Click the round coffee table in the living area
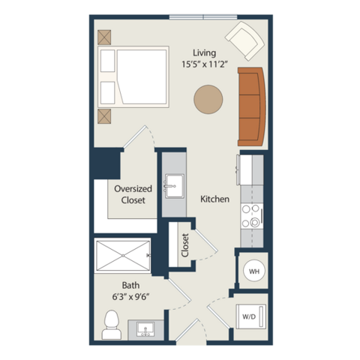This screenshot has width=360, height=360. tap(208, 99)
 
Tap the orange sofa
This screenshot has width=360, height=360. tap(251, 106)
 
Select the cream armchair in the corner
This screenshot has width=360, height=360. tap(244, 41)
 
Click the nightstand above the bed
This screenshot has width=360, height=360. tap(104, 37)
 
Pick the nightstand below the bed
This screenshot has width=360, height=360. tap(104, 116)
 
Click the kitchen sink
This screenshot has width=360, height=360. tap(174, 186)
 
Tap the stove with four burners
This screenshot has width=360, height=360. tap(252, 216)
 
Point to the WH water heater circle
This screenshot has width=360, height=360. tap(254, 271)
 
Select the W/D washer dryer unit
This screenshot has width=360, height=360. tap(250, 316)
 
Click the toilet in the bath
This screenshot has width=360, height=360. tap(112, 325)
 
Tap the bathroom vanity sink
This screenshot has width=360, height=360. tap(145, 329)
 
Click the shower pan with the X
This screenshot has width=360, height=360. tap(123, 256)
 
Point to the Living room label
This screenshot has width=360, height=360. tap(204, 53)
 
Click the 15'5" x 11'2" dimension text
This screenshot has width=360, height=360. tap(205, 64)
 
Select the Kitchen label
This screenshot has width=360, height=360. tap(215, 199)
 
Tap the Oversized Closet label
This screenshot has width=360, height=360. tap(133, 194)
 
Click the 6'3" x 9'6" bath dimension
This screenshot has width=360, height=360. tap(130, 297)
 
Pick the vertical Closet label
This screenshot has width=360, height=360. tap(185, 245)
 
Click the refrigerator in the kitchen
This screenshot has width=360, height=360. tap(250, 170)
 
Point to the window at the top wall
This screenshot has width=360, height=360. tap(203, 17)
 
